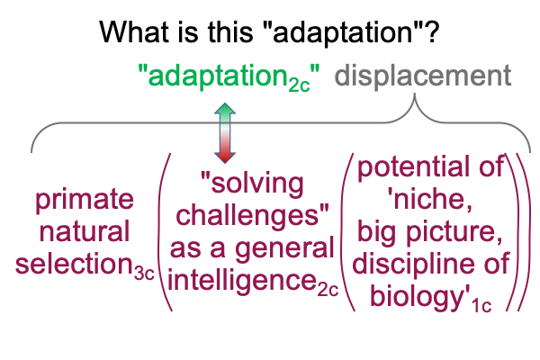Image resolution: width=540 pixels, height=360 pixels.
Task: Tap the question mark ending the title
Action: (432, 31)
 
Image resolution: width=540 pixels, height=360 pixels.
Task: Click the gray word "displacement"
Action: (423, 76)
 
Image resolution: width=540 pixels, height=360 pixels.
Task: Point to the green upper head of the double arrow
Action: (225, 110)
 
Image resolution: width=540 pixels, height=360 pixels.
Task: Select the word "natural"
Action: (85, 231)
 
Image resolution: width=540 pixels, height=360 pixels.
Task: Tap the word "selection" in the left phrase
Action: (74, 264)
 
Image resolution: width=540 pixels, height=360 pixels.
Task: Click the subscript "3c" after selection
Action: (144, 274)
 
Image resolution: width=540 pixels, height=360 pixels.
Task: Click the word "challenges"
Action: (248, 215)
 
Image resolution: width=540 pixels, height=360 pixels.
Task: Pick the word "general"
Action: (284, 249)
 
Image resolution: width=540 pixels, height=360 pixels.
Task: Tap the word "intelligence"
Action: (242, 281)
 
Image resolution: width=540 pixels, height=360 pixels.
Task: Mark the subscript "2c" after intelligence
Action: (328, 291)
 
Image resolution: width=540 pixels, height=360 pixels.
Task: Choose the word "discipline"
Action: (413, 264)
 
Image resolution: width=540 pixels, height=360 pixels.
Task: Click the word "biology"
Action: (417, 297)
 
